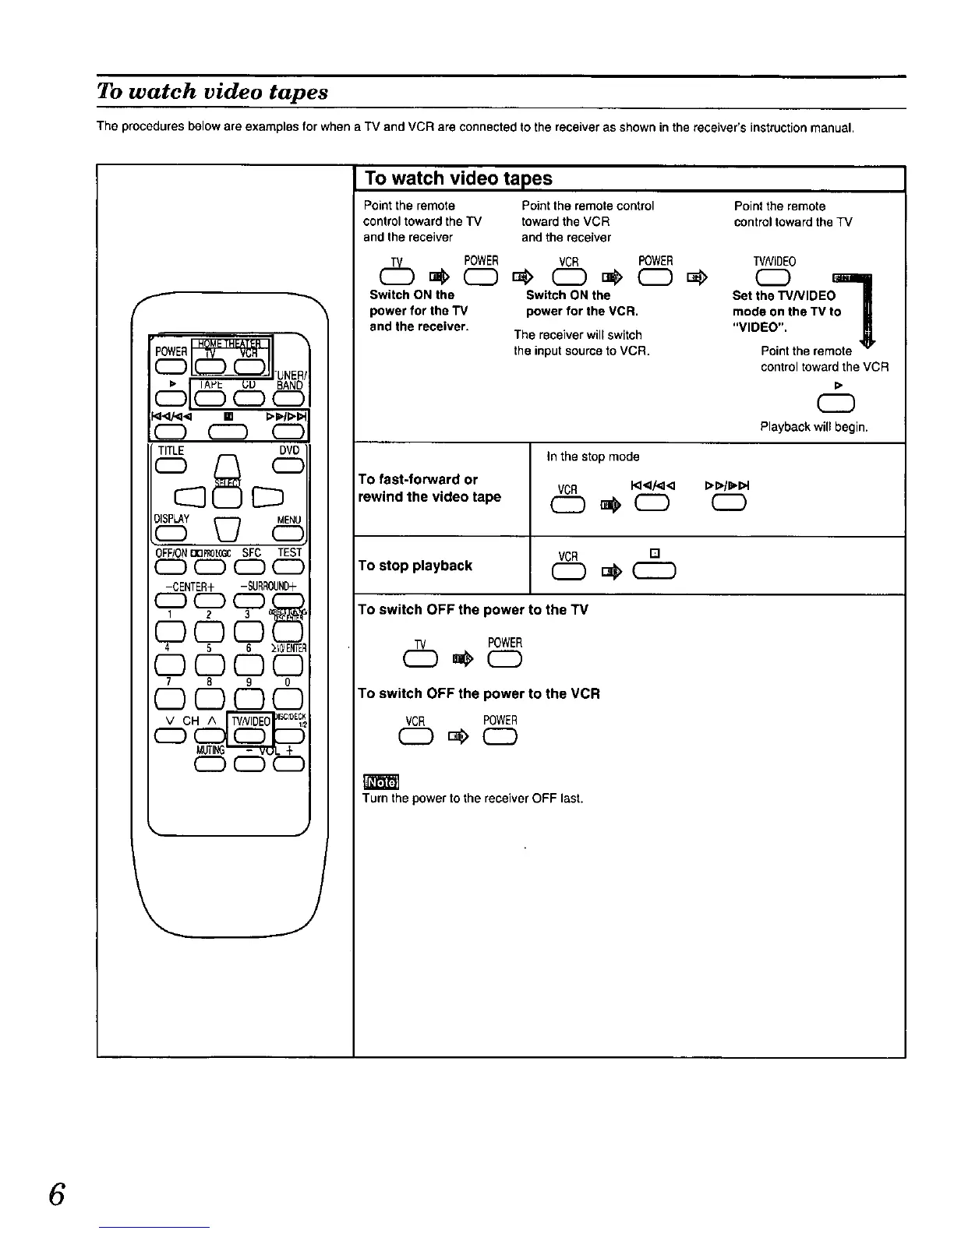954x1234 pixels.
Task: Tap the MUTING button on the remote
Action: (x=210, y=764)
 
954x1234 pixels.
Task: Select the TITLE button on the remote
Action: (x=171, y=465)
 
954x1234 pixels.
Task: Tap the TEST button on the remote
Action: (x=288, y=566)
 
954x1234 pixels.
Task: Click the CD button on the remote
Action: (x=249, y=399)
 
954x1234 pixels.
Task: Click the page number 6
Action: (x=55, y=1194)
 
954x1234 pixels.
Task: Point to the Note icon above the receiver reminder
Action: (x=380, y=781)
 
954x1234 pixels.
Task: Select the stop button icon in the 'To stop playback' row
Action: (x=655, y=573)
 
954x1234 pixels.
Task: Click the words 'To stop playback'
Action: (x=415, y=566)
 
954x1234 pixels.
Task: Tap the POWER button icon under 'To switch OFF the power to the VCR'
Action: (x=500, y=737)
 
